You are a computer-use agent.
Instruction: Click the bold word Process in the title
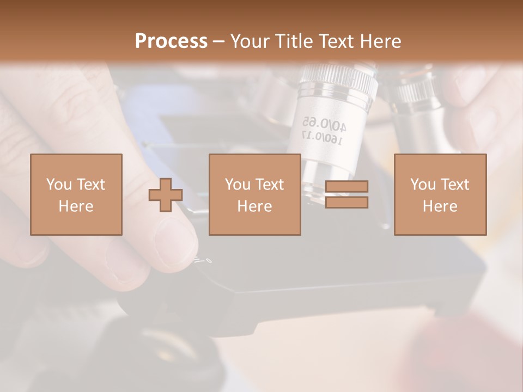[x=171, y=41]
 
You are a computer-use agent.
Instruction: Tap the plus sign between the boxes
[x=166, y=195]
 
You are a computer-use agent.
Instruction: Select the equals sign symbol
[x=346, y=194]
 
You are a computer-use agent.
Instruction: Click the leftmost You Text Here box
[x=76, y=194]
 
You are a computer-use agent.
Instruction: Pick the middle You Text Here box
[x=254, y=194]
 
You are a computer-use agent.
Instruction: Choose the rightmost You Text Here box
[x=440, y=194]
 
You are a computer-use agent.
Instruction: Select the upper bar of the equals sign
[x=346, y=187]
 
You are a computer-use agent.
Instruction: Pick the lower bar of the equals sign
[x=346, y=203]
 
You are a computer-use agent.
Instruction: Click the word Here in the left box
[x=76, y=206]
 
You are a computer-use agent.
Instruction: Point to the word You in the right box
[x=423, y=184]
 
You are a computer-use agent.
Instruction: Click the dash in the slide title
[x=218, y=41]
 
